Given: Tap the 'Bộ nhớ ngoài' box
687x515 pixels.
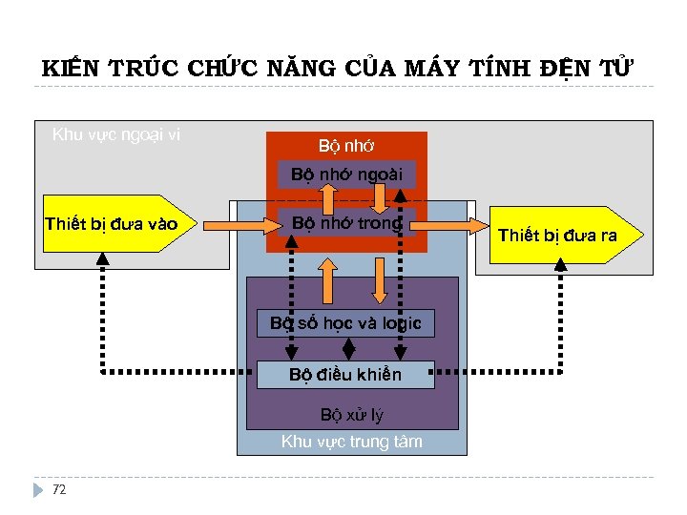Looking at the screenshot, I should (346, 175).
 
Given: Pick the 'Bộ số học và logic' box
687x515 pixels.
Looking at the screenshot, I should (345, 323).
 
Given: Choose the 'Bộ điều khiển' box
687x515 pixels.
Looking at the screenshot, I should (345, 375).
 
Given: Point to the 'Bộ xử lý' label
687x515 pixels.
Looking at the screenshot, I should (352, 415).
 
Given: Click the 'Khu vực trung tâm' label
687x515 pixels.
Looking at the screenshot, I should (352, 442).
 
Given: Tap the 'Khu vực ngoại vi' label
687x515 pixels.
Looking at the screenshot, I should (115, 134).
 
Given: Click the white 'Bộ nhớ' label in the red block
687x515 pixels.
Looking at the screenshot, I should (346, 146).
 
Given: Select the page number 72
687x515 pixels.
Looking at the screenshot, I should (59, 489).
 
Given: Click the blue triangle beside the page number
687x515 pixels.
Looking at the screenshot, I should (39, 489).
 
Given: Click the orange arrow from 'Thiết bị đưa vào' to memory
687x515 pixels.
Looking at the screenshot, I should (236, 225).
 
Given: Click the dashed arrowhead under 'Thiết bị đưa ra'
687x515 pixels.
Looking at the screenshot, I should (561, 263).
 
